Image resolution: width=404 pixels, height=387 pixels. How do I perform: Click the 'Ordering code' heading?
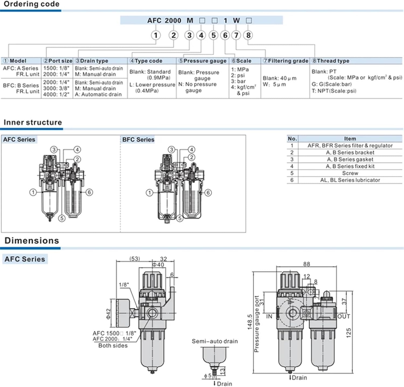(x=32, y=4)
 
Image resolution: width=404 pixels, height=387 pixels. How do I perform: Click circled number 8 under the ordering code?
(x=248, y=35)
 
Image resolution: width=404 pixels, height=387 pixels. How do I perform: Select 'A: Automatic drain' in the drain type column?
(x=98, y=95)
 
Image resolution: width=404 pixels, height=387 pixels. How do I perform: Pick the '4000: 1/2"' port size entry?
(x=56, y=95)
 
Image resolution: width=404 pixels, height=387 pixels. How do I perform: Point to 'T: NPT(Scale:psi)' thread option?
(x=334, y=91)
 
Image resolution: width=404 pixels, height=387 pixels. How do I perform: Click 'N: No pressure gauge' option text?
(x=197, y=87)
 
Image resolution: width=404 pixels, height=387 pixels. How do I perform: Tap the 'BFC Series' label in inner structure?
(x=138, y=140)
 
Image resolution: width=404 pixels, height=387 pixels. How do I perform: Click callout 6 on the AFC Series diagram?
(x=89, y=192)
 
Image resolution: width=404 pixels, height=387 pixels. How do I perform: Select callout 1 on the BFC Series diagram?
(x=149, y=193)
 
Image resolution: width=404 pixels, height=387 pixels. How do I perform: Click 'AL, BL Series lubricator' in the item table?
(x=350, y=180)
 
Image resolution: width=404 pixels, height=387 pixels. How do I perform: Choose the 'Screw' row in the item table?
(x=350, y=173)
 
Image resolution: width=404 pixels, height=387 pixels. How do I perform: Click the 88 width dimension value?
(x=307, y=264)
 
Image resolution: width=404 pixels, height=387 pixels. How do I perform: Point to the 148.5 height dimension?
(x=250, y=322)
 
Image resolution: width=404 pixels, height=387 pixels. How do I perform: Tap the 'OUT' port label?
(x=344, y=316)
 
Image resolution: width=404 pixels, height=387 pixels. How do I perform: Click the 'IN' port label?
(x=269, y=316)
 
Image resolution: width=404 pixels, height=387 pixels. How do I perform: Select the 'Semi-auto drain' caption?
(x=215, y=341)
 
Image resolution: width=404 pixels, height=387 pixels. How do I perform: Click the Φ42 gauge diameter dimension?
(x=108, y=314)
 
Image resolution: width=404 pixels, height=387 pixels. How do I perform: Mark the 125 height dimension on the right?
(x=349, y=333)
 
